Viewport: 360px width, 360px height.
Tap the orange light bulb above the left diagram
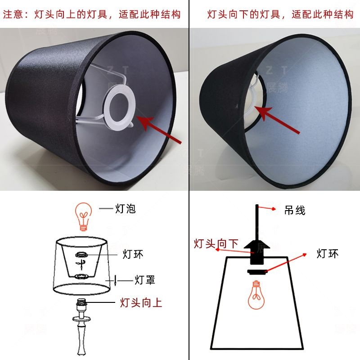click(84, 216)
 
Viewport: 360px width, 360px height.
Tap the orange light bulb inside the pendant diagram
click(256, 295)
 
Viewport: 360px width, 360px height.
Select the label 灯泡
click(126, 209)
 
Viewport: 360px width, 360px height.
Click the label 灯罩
click(145, 280)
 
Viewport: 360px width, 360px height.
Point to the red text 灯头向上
click(141, 302)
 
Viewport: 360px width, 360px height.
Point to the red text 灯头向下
click(216, 243)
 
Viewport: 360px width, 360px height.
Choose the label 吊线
click(295, 210)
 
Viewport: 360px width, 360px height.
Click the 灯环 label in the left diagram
click(133, 254)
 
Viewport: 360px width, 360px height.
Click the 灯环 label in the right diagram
click(328, 254)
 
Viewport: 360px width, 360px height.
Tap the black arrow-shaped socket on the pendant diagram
click(256, 252)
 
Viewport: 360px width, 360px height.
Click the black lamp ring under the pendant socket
click(257, 272)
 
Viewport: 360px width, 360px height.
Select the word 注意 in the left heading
click(13, 14)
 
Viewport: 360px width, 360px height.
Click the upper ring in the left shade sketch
click(81, 254)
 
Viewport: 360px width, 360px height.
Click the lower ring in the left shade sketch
click(81, 276)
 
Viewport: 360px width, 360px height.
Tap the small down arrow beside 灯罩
click(115, 281)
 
